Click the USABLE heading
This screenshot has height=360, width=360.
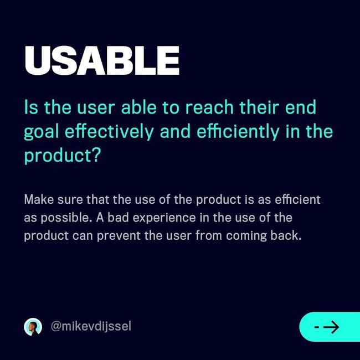tap(102, 60)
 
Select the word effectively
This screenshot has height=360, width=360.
tap(109, 132)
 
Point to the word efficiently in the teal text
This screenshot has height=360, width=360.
tap(238, 132)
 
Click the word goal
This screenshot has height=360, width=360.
tap(42, 132)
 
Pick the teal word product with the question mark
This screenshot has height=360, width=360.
tap(63, 156)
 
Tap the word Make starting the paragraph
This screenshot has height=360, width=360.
tap(39, 199)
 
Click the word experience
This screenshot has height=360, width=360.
tap(164, 218)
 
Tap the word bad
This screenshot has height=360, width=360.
tap(118, 217)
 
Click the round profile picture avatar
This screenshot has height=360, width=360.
tap(33, 327)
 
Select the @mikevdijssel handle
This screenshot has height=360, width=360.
tap(91, 326)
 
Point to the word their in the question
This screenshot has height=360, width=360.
tap(259, 107)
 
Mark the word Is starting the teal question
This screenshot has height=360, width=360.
tap(31, 107)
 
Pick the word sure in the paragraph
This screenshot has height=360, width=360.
tap(70, 199)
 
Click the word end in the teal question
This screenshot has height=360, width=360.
tap(301, 107)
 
